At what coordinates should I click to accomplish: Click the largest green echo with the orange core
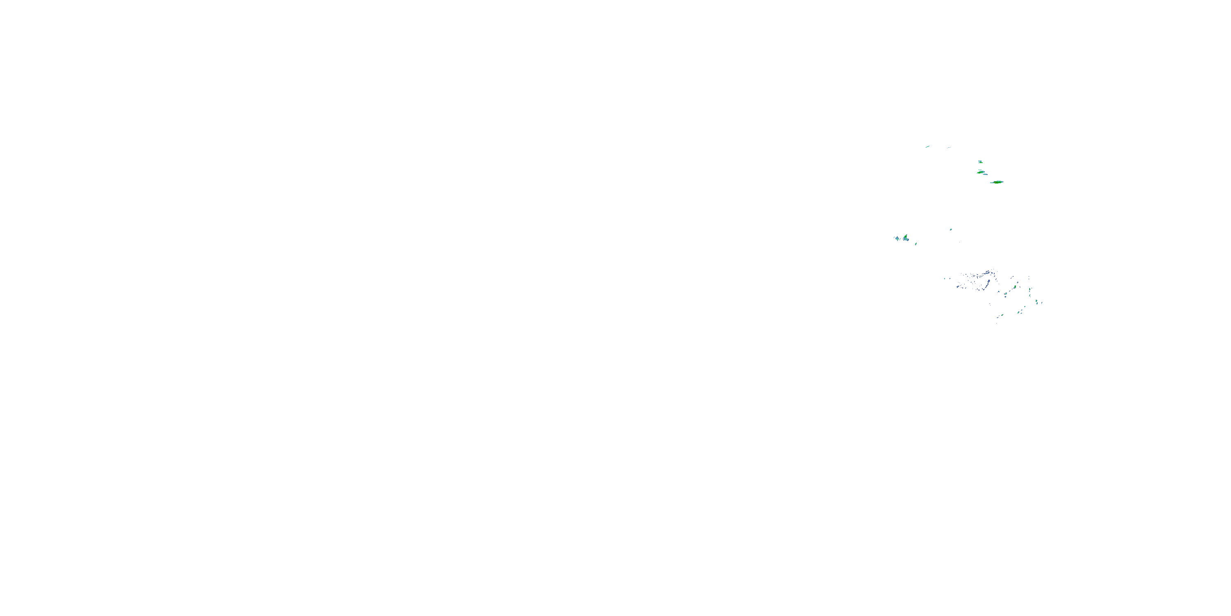click(x=998, y=183)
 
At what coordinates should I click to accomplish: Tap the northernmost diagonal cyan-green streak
click(x=927, y=147)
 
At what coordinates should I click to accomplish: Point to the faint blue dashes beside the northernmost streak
click(x=949, y=148)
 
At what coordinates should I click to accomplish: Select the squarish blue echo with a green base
click(x=981, y=162)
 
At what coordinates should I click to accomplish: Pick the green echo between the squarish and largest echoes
click(x=981, y=172)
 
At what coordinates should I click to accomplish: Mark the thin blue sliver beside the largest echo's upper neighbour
click(x=985, y=175)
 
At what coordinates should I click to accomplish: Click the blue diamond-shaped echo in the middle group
click(x=897, y=239)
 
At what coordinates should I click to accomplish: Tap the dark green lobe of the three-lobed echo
click(x=906, y=236)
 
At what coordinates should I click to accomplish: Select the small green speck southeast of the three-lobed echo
click(x=915, y=244)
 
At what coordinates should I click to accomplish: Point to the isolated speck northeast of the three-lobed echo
click(x=951, y=230)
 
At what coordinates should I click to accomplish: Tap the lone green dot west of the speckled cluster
click(x=945, y=279)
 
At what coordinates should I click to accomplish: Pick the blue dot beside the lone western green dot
click(x=950, y=279)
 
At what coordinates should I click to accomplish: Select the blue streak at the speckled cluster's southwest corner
click(x=958, y=287)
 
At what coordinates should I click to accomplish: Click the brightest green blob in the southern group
click(x=1015, y=287)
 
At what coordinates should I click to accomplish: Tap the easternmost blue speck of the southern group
click(x=1042, y=303)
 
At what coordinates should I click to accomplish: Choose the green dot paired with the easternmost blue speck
click(x=1037, y=301)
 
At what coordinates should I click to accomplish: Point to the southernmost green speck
click(x=1002, y=315)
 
